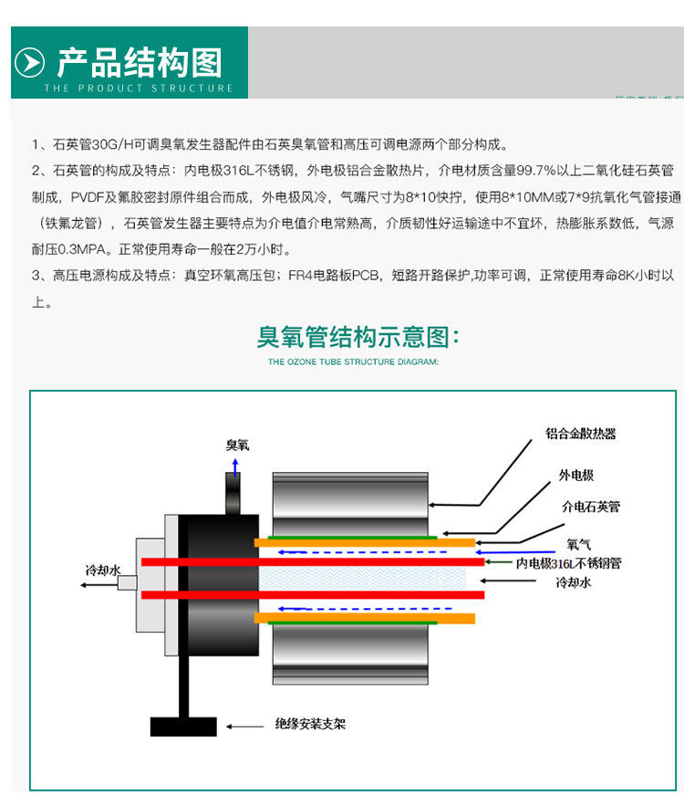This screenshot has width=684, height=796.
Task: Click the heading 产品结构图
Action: [x=140, y=62]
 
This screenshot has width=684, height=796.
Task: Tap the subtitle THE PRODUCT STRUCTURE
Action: [x=139, y=89]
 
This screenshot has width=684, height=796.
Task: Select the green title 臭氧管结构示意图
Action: [x=358, y=337]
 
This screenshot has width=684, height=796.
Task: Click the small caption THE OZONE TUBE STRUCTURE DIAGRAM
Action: [x=353, y=361]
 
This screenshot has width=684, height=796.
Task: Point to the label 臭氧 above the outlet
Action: [x=237, y=445]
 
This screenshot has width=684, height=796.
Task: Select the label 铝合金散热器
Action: [x=581, y=434]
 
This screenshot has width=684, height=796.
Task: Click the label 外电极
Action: [x=576, y=476]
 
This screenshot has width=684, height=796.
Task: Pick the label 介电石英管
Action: [x=590, y=506]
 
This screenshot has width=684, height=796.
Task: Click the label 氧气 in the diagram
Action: [x=578, y=544]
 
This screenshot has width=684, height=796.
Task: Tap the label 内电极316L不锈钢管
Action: [x=568, y=563]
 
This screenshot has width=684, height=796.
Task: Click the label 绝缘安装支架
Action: [x=310, y=725]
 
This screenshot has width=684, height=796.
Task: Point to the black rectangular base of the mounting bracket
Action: [x=183, y=726]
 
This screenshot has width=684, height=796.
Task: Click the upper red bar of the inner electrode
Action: [x=310, y=560]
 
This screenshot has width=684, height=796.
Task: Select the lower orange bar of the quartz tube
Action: [x=365, y=618]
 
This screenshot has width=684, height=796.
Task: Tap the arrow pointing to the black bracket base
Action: [x=241, y=727]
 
